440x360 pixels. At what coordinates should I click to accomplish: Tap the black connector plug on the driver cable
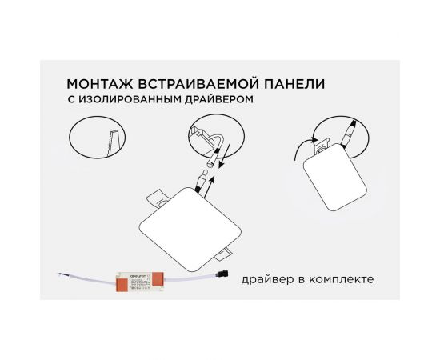225,275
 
